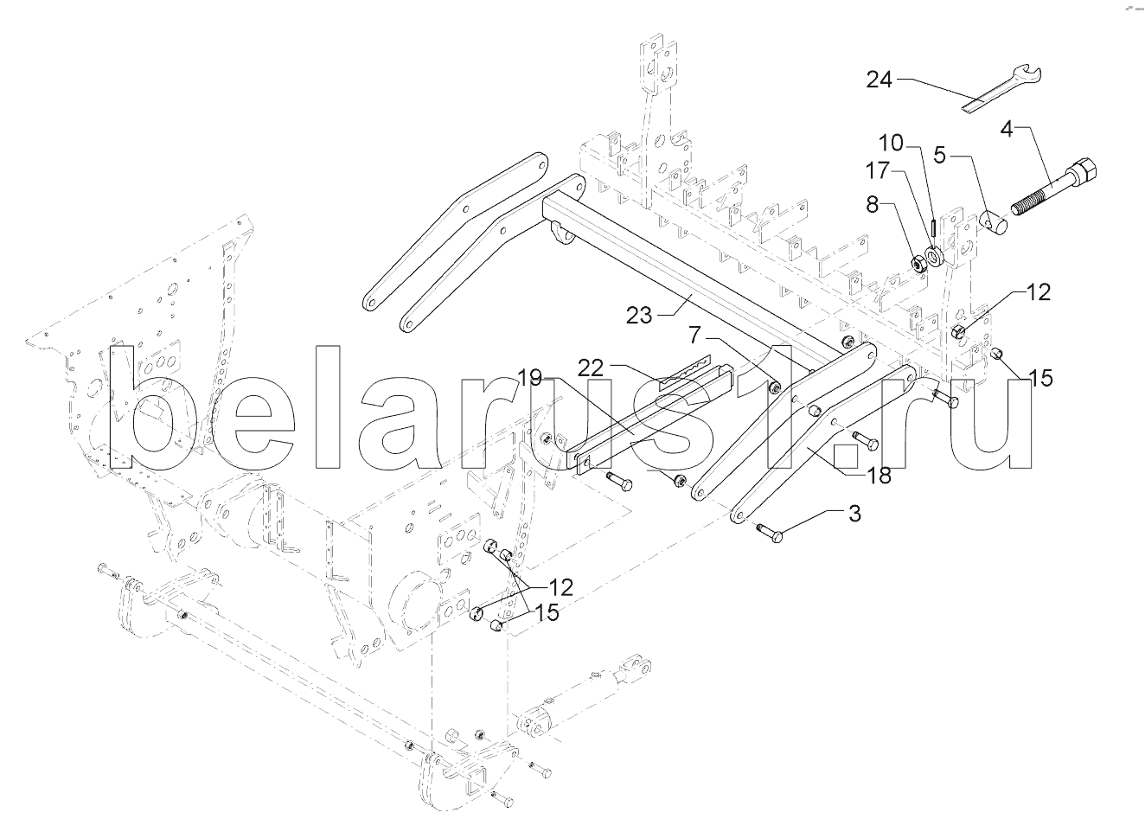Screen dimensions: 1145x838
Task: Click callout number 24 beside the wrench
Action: tap(879, 80)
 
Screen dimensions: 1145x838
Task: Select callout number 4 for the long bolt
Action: tap(1006, 130)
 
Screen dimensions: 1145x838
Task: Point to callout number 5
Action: tap(939, 155)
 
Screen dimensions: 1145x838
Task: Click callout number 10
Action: tap(892, 144)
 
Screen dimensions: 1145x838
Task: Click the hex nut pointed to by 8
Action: tap(919, 263)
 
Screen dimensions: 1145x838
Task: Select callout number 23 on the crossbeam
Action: tap(639, 316)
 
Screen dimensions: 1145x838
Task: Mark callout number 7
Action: tap(694, 336)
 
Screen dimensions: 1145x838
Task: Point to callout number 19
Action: tap(529, 379)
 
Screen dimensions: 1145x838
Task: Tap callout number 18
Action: tap(878, 475)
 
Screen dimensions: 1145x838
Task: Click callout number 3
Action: tap(854, 514)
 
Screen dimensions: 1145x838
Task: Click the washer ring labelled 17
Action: tap(936, 256)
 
